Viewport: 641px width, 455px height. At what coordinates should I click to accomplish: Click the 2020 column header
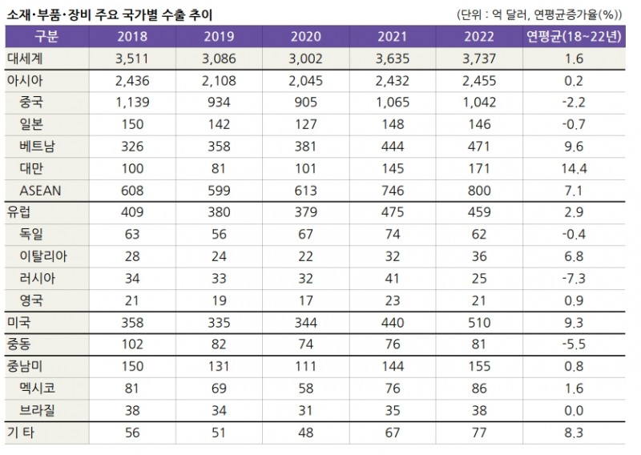(x=305, y=36)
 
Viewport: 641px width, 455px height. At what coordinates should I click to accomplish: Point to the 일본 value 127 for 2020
(x=305, y=124)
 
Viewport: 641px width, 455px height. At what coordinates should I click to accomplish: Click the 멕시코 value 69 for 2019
(x=218, y=388)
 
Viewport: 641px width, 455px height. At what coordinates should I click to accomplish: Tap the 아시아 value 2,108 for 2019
(x=218, y=80)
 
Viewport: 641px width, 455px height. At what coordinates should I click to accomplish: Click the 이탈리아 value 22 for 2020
(x=305, y=256)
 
